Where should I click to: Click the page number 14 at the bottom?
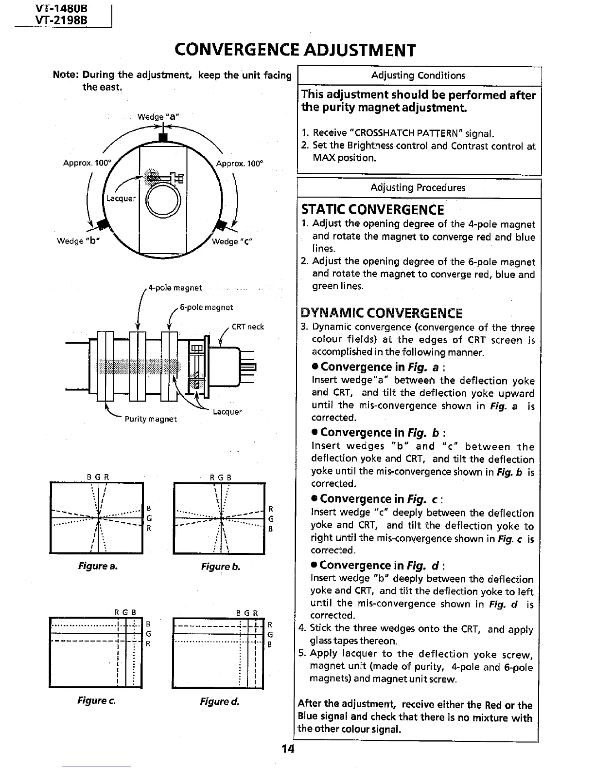pos(288,748)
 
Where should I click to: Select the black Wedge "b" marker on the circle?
pos(103,224)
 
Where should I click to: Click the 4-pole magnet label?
pos(175,288)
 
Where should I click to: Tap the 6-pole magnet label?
pos(206,307)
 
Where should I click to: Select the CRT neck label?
pos(247,327)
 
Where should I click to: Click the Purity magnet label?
pos(151,419)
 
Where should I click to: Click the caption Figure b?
pos(221,567)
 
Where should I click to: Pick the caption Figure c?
pos(96,700)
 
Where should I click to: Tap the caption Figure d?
pos(219,701)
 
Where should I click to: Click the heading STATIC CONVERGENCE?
pos(372,210)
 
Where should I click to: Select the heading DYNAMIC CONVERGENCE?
pos(382,313)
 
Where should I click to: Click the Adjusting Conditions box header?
pos(418,75)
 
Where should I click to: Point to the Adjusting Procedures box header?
pos(418,188)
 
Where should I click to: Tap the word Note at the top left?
pos(65,75)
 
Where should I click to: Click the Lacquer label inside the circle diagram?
pos(121,198)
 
